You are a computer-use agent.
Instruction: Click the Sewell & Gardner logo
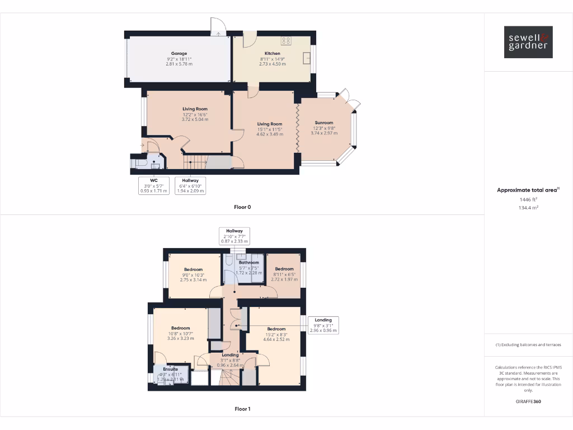pos(528,42)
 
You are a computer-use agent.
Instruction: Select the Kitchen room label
pos(272,54)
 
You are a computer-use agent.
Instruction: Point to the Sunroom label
pos(324,123)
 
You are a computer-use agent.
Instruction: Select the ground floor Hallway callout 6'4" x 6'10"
pos(191,185)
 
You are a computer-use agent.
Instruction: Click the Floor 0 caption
pos(242,207)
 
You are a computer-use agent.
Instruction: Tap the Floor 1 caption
pos(242,409)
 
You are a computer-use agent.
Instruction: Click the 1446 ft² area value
pos(528,199)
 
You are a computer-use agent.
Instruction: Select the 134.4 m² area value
pos(528,207)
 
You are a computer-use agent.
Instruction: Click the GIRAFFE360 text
pos(528,401)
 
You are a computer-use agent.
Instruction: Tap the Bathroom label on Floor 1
pos(249,263)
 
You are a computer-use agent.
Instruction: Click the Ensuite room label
pos(171,370)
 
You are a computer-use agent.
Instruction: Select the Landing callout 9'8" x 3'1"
pos(323,325)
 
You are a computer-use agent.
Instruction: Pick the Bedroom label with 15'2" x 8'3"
pos(276,329)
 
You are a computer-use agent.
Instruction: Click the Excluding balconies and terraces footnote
pos(528,345)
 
